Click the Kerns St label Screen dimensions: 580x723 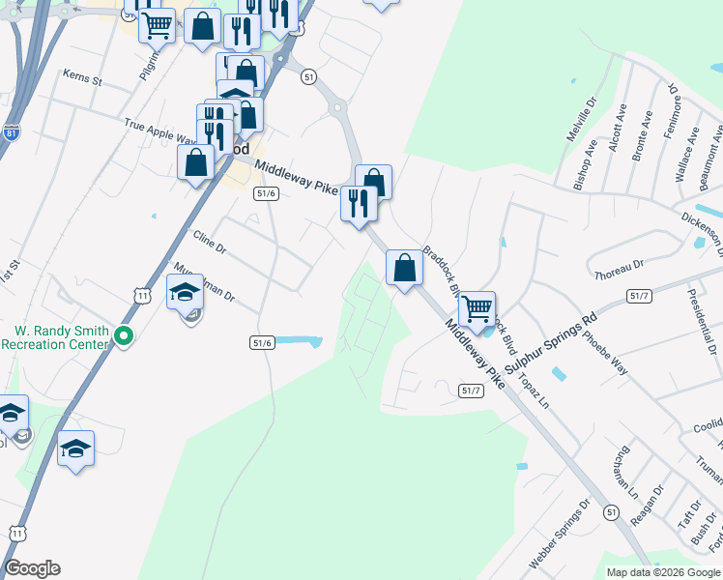(x=82, y=76)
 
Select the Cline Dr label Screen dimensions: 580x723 (x=209, y=242)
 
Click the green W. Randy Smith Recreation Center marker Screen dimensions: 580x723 (x=123, y=336)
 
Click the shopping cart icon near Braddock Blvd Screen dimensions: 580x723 (x=477, y=309)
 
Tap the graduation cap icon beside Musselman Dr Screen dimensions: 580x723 (x=185, y=292)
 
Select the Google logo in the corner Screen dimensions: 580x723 (x=32, y=568)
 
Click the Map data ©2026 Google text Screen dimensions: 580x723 (x=663, y=572)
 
